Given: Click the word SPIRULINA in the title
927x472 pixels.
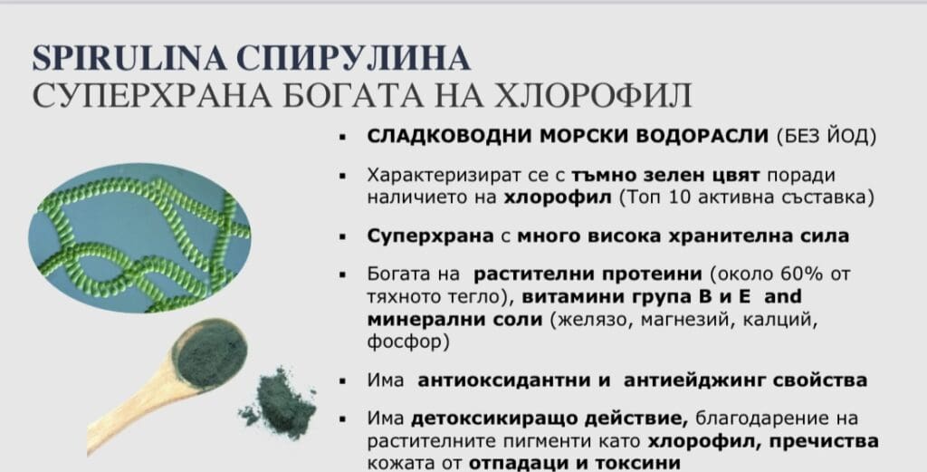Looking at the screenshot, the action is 129,58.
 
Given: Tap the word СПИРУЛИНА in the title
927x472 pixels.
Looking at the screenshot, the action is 354,58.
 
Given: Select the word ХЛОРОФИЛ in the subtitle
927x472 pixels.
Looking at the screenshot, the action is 593,94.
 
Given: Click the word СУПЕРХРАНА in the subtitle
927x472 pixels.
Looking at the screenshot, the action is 152,94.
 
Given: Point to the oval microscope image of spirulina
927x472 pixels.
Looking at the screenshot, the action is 139,237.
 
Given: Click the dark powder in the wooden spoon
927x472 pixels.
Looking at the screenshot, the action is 212,352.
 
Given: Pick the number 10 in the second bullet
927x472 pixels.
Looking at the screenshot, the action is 680,197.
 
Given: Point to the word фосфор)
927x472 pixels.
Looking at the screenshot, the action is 408,342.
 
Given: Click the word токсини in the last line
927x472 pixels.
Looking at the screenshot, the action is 637,463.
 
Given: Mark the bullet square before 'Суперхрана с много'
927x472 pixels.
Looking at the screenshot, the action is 342,237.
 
